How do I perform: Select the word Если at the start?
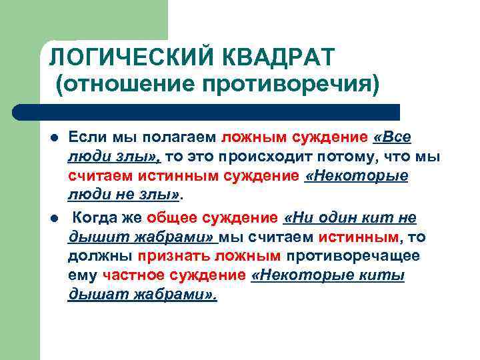click(x=84, y=138)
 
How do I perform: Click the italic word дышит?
click(x=89, y=237)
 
